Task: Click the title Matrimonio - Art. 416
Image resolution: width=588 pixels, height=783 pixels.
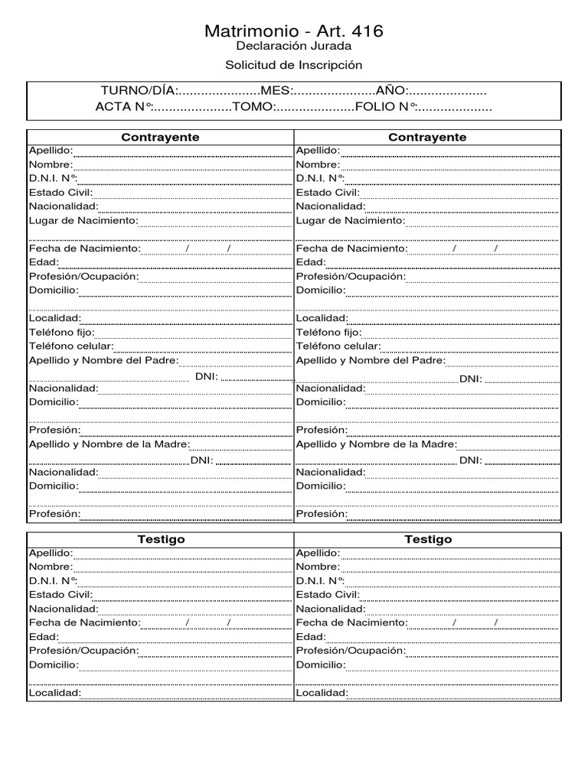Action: pos(294,31)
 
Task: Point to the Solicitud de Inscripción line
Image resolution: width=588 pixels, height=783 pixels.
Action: pos(294,66)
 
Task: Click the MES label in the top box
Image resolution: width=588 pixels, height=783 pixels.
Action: pos(278,91)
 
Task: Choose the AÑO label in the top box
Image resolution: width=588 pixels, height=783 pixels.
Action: pos(392,91)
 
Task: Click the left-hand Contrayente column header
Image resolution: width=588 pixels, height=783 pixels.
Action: pos(161,137)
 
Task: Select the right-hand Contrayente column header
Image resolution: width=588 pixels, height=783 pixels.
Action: pos(428,137)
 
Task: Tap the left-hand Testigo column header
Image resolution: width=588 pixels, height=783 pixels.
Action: pos(161,539)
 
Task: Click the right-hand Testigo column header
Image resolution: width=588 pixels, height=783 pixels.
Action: pos(428,539)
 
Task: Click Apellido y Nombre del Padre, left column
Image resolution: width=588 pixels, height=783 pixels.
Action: pos(103,360)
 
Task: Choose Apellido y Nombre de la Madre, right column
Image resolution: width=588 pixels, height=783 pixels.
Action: pos(377,444)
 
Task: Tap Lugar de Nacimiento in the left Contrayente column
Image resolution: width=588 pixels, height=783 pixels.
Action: pos(83,220)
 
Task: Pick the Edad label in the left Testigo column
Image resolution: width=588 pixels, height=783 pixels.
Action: pos(44,636)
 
